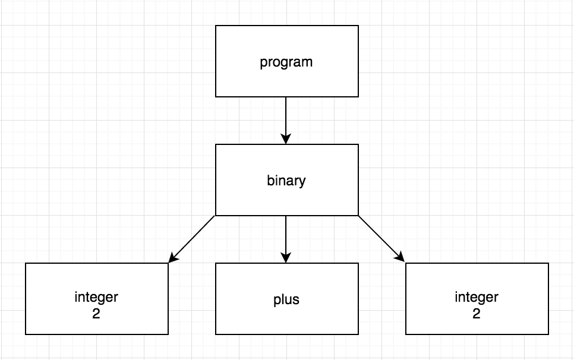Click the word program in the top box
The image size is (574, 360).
[x=286, y=62]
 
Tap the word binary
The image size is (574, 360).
[x=286, y=180]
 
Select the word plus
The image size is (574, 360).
[x=286, y=299]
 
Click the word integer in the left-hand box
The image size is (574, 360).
[x=96, y=296]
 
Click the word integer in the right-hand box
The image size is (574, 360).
[x=476, y=296]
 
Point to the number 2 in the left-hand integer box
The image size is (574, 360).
[x=96, y=313]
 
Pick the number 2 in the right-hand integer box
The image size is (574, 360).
[x=476, y=313]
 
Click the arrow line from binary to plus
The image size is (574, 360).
[x=286, y=235]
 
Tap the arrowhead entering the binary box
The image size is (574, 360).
[x=286, y=139]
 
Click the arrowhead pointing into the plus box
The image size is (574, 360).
[x=286, y=258]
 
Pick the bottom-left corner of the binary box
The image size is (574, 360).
[x=216, y=215]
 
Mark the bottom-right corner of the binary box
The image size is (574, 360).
[x=358, y=215]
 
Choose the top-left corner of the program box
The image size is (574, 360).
[x=216, y=26]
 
